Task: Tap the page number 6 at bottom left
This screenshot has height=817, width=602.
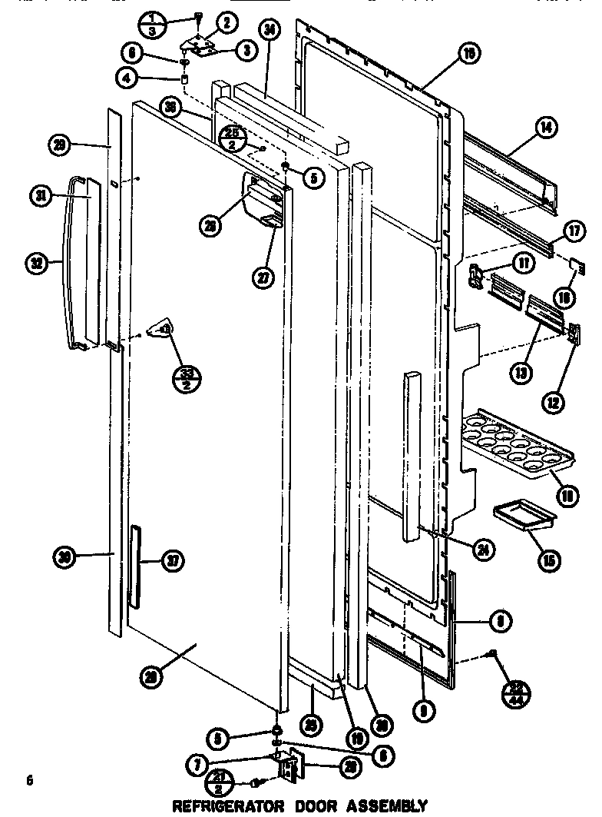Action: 29,782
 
